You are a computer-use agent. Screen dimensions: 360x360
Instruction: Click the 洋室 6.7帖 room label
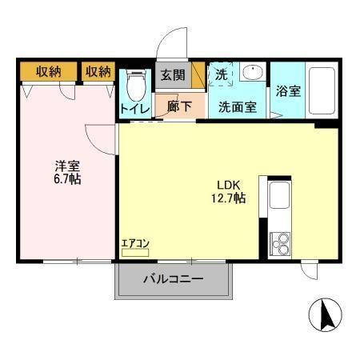(67, 172)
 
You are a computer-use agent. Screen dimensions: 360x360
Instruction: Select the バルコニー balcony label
(174, 280)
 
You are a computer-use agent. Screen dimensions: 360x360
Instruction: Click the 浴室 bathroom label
(288, 90)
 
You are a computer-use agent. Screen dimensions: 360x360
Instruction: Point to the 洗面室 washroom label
(238, 106)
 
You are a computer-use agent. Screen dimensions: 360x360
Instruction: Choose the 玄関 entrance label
(172, 76)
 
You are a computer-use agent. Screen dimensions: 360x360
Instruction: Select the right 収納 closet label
(98, 72)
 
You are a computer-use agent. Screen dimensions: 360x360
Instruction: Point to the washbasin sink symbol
(253, 73)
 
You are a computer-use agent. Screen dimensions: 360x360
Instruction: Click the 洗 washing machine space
(221, 74)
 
